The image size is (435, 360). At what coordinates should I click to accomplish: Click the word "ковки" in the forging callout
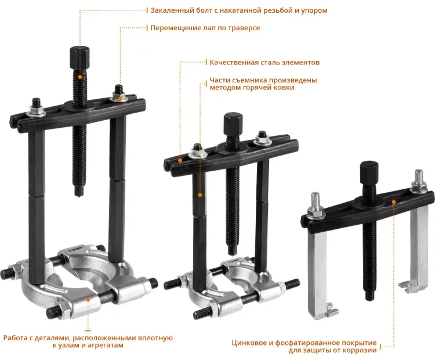(284, 88)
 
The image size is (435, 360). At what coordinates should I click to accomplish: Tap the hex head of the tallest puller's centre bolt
(79, 58)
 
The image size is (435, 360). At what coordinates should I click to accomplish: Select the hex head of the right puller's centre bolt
(369, 173)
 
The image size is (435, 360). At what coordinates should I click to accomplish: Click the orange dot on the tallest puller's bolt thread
(80, 77)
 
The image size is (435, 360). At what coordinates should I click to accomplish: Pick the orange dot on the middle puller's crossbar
(180, 160)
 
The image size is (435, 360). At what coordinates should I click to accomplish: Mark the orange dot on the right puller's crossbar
(393, 202)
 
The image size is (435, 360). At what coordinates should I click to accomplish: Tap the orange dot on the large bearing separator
(88, 300)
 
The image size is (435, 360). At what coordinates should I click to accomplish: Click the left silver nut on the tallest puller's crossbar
(37, 111)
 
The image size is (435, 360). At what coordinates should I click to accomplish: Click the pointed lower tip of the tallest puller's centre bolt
(79, 196)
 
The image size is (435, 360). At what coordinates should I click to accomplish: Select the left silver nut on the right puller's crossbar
(316, 213)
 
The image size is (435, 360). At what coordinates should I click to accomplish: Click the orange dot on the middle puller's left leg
(200, 195)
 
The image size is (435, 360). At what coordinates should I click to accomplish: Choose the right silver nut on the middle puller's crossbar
(262, 141)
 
